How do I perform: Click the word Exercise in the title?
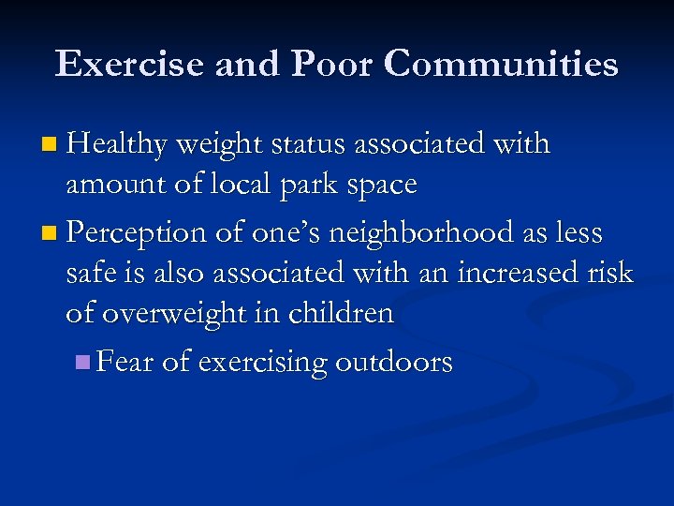coord(130,65)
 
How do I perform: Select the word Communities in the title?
coord(501,65)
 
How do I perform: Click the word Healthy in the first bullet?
coord(117,145)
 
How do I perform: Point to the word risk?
coord(609,273)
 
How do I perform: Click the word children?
coord(342,313)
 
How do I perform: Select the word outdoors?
coord(392,361)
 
